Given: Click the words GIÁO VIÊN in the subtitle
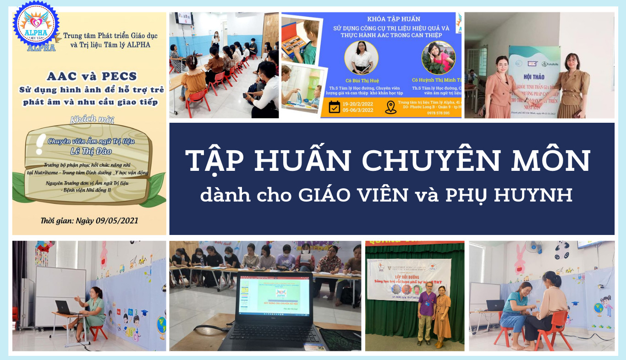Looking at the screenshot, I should (353, 195).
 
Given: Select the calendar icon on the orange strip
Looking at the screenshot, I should (335, 107).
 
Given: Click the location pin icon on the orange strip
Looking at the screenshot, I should (390, 107).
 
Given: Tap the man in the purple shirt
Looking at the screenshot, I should (425, 316).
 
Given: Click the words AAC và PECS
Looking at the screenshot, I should (89, 76).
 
